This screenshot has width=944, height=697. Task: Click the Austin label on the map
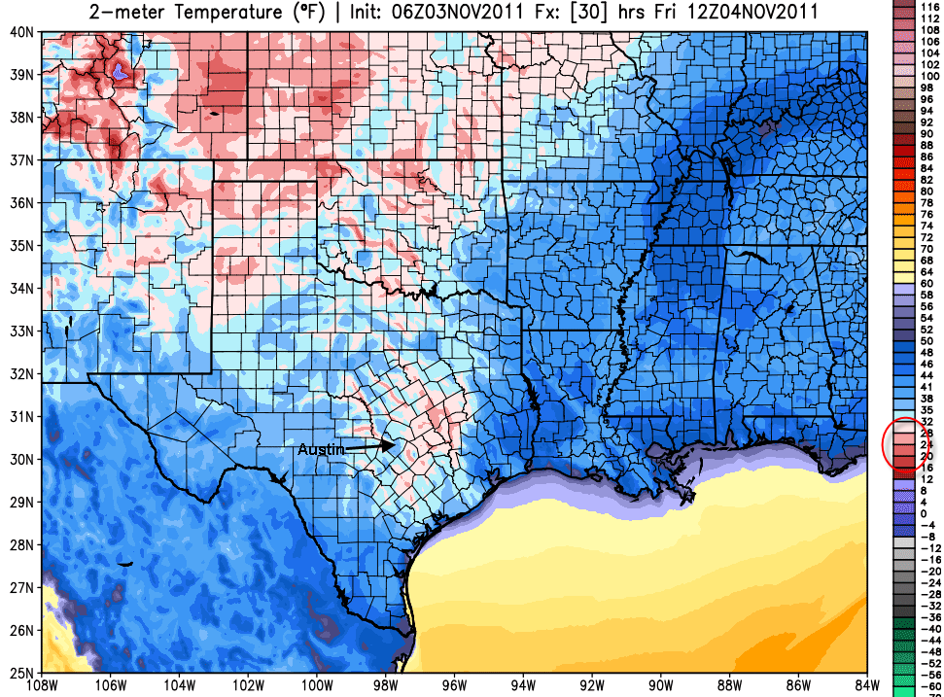[x=320, y=449]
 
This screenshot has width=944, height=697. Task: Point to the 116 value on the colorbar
[x=929, y=7]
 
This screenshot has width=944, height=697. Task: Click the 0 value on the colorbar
[x=929, y=512]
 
